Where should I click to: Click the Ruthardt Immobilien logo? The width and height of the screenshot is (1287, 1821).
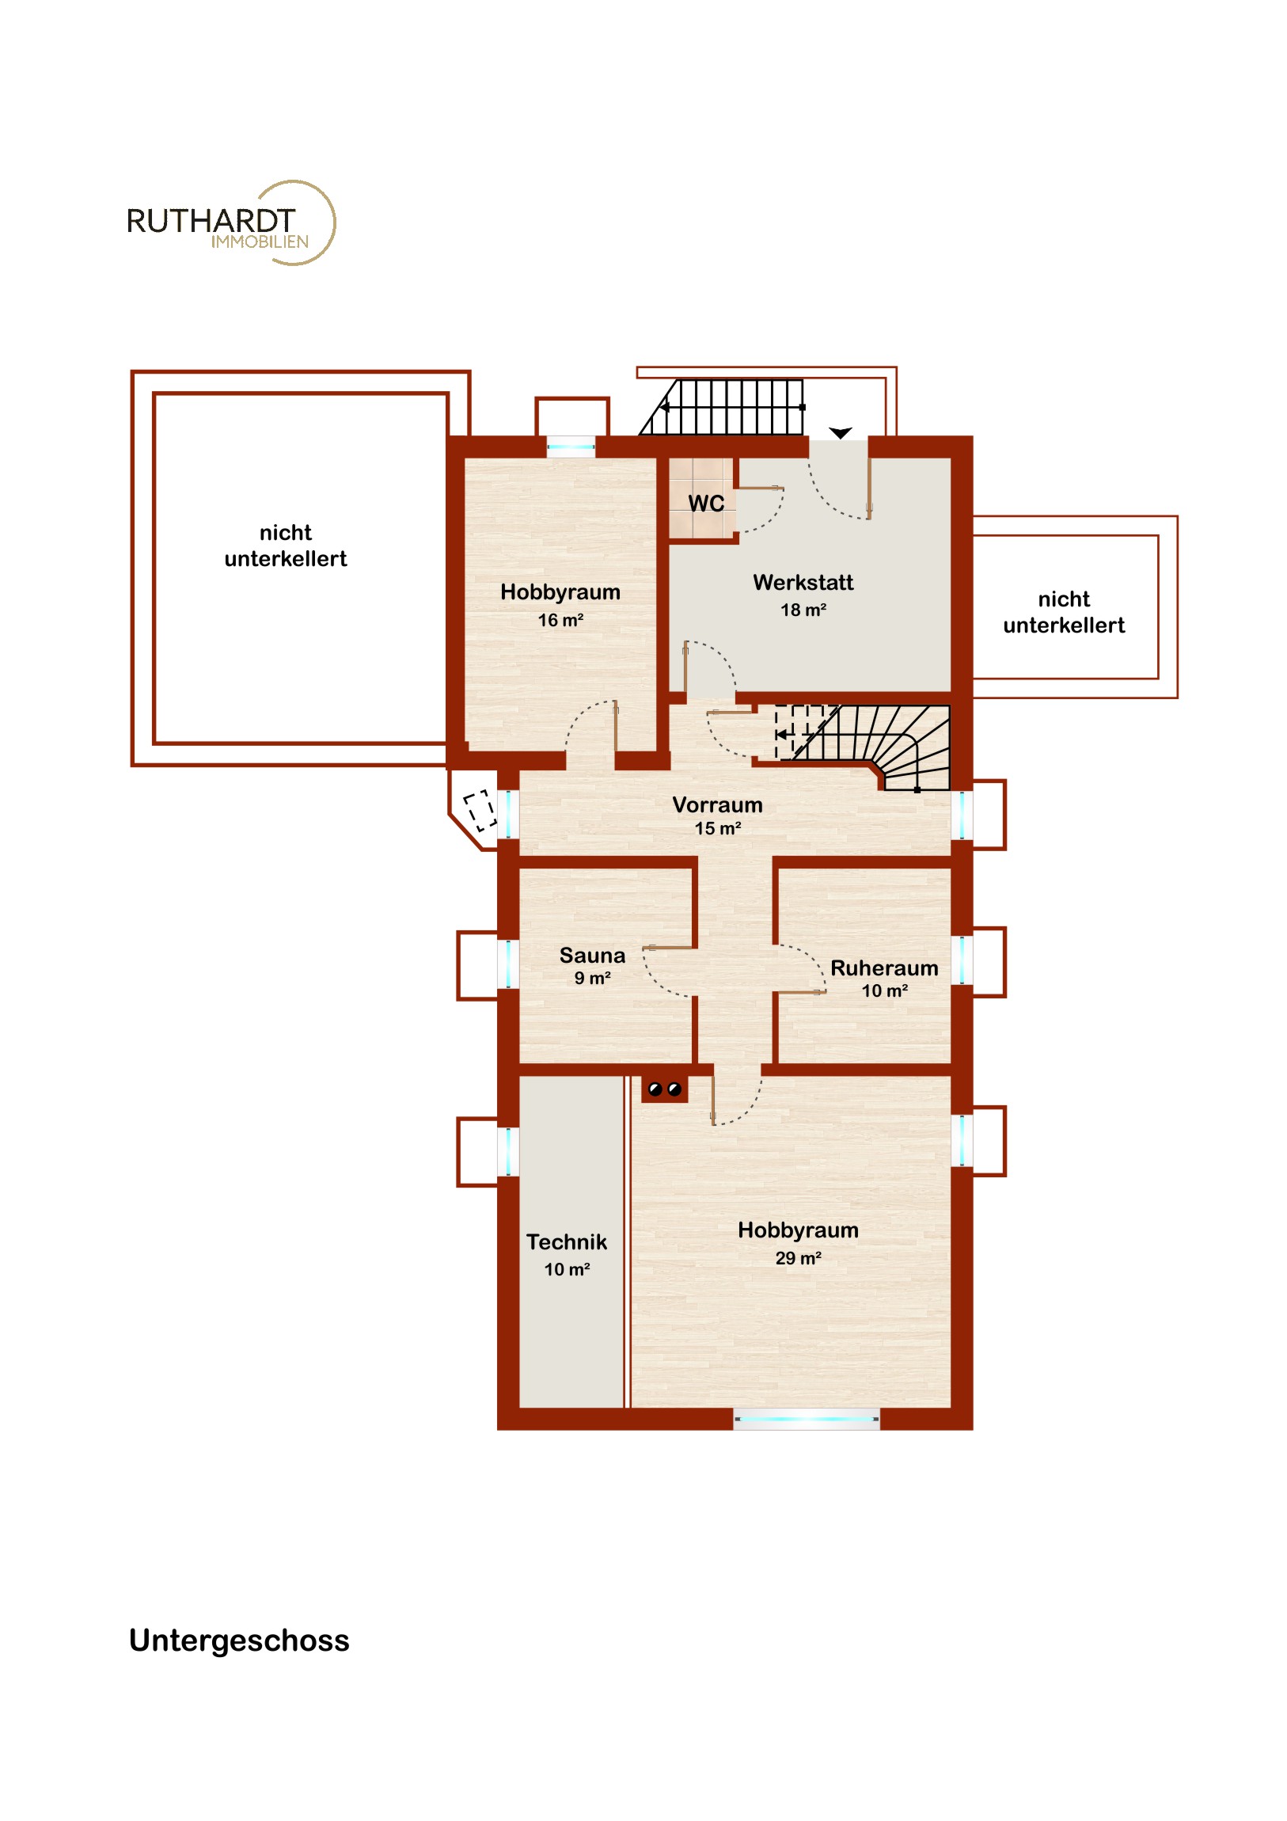[x=231, y=222]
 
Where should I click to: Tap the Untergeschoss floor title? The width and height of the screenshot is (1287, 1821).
[x=239, y=1640]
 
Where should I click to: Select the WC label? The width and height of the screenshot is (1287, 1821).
[x=706, y=504]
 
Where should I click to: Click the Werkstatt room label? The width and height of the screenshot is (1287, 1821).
[x=803, y=583]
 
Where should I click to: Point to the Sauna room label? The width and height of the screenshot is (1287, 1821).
[x=592, y=955]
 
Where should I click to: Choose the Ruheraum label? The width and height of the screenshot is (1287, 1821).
[x=884, y=968]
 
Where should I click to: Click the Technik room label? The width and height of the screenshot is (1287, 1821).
[x=566, y=1242]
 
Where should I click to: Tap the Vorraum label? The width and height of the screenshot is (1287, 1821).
[x=718, y=805]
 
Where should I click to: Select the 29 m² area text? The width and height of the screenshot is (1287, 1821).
[x=798, y=1259]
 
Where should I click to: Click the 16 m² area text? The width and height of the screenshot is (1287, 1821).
[x=560, y=620]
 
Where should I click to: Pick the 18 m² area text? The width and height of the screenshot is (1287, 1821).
[x=803, y=610]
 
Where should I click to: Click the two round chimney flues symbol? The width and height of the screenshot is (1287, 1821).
[x=665, y=1089]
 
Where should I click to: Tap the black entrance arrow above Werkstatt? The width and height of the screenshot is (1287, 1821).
[x=841, y=433]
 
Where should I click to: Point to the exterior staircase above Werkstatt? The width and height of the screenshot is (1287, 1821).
[x=723, y=407]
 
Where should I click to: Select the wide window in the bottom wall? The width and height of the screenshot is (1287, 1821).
[x=807, y=1420]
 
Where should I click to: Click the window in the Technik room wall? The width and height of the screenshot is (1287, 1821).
[x=508, y=1152]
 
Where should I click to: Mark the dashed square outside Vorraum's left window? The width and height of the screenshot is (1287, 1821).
[x=480, y=811]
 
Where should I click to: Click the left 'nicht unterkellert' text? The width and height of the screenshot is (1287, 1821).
[x=286, y=546]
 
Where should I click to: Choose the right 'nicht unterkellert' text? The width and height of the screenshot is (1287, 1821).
[x=1063, y=612]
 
